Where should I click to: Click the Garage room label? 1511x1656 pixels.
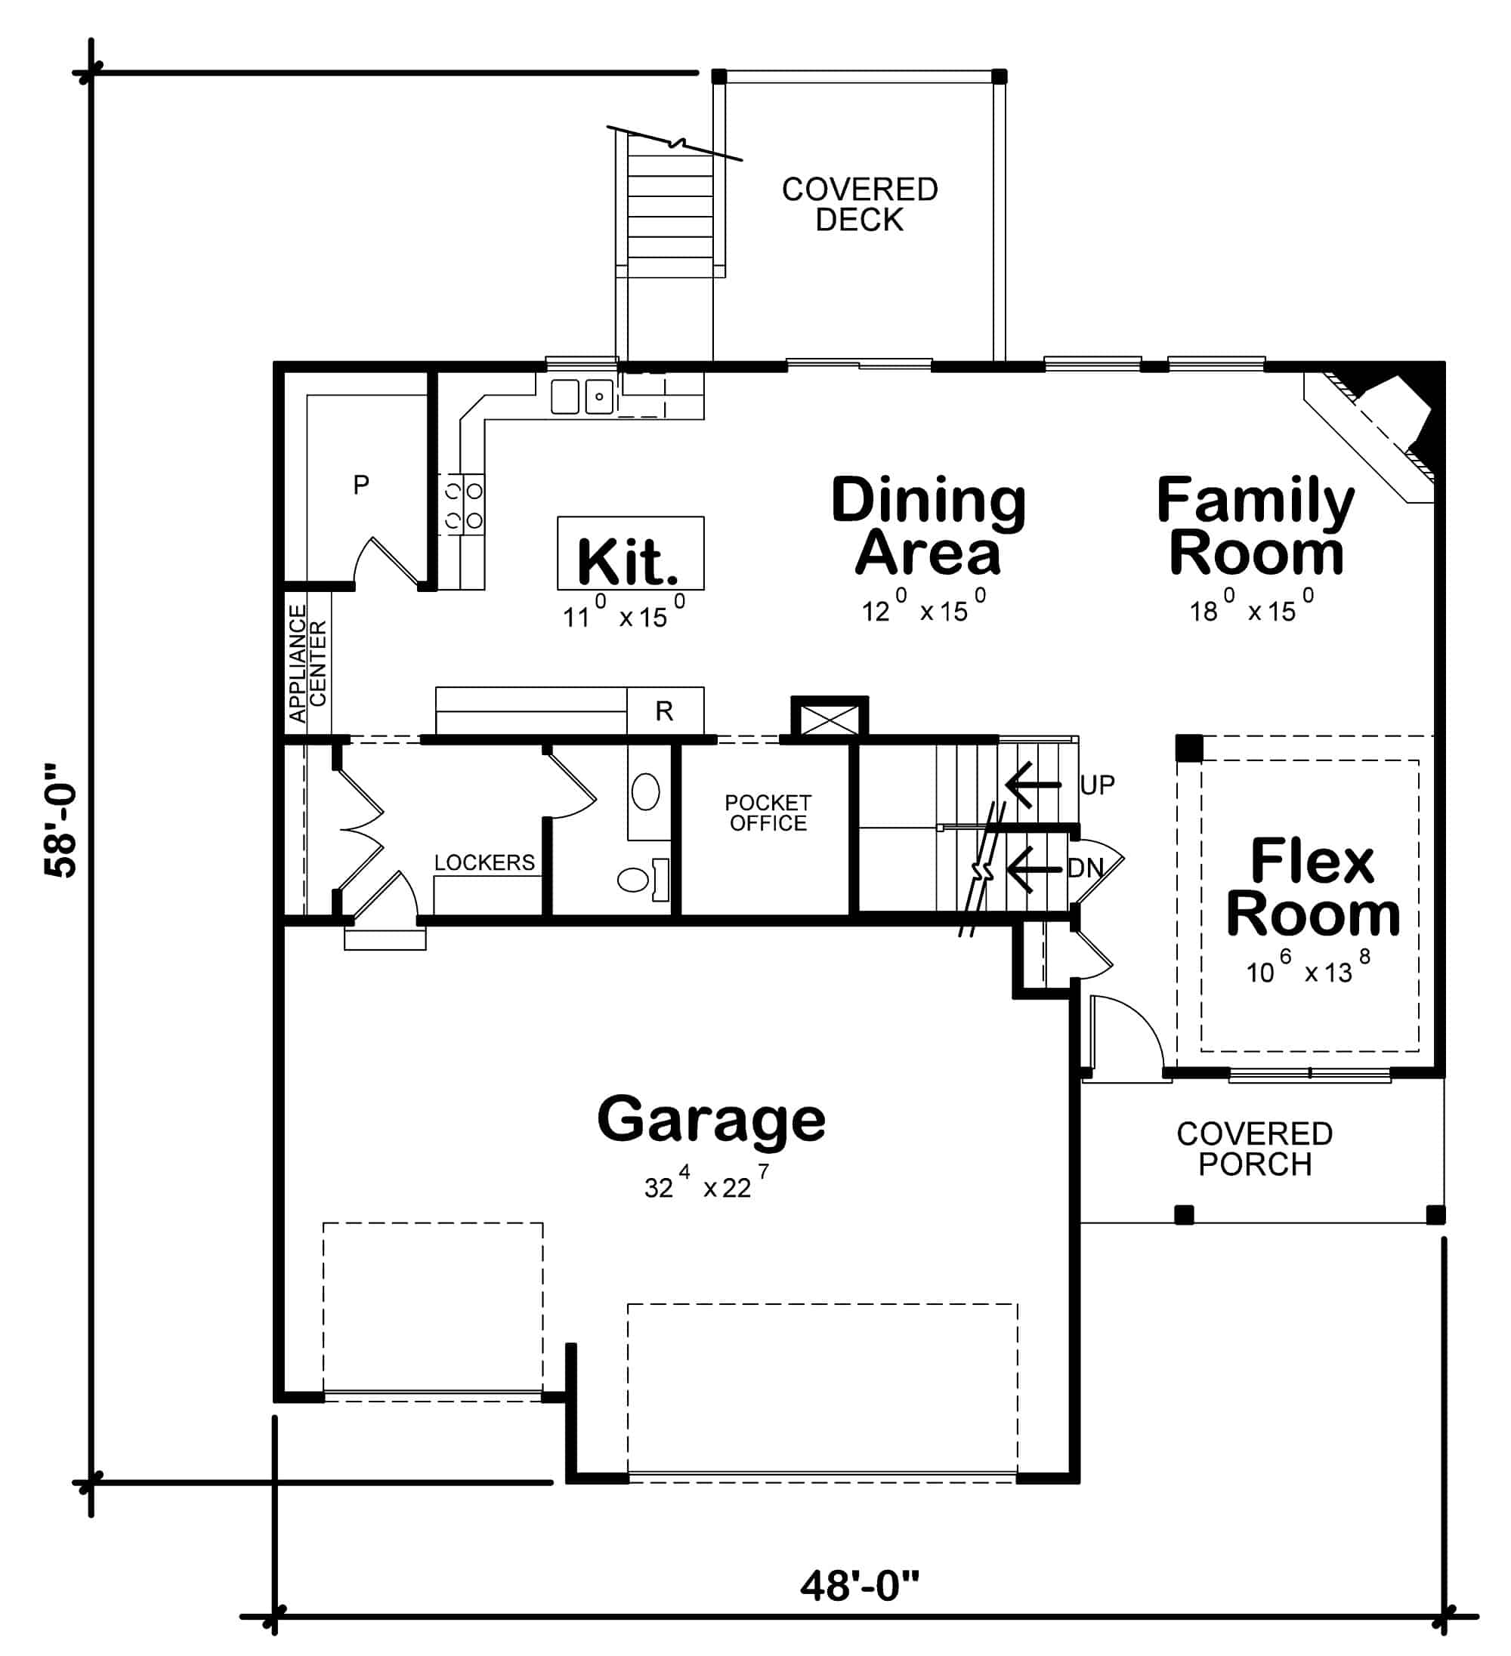(x=711, y=1119)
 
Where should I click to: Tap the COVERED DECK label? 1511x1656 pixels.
(x=860, y=205)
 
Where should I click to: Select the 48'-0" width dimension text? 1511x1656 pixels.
(x=860, y=1585)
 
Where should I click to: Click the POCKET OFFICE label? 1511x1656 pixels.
(x=768, y=813)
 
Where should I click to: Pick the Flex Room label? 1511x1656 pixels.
(x=1312, y=887)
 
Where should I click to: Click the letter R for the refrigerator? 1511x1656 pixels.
(x=664, y=711)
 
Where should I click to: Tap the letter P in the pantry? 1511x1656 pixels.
(x=360, y=485)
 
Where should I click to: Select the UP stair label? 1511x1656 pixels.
(x=1097, y=785)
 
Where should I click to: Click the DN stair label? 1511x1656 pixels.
(x=1085, y=868)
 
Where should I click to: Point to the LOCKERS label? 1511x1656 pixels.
(x=484, y=862)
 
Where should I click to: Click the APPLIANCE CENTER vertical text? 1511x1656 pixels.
(x=308, y=664)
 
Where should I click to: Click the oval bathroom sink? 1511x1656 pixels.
(x=646, y=792)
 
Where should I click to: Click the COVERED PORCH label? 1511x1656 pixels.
(x=1254, y=1149)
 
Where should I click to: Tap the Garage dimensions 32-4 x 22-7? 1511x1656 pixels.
(x=706, y=1186)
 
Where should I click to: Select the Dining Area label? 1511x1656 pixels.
(x=929, y=526)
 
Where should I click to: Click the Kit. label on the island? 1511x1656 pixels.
(x=629, y=563)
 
